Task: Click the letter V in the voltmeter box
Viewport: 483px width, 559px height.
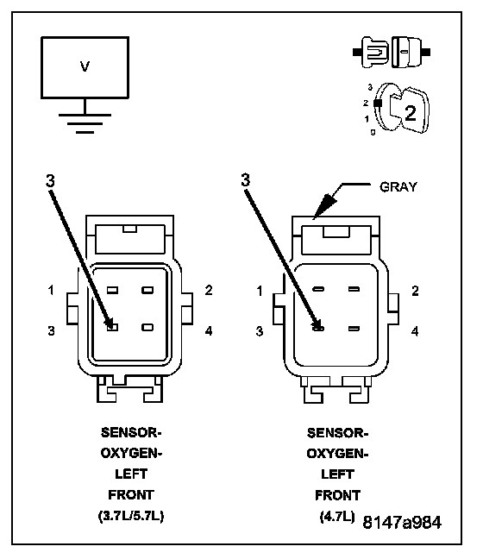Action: pyautogui.click(x=85, y=66)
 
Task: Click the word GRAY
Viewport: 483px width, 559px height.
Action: pyautogui.click(x=398, y=187)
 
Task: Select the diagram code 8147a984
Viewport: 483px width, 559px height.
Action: pyautogui.click(x=402, y=522)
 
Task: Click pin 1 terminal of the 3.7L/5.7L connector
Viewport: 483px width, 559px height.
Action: pyautogui.click(x=113, y=290)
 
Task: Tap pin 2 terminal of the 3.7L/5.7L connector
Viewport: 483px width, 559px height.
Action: pyautogui.click(x=147, y=290)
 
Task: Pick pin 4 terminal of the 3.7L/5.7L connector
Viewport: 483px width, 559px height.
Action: pyautogui.click(x=147, y=327)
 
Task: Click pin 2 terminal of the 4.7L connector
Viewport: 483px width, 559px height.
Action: pyautogui.click(x=354, y=289)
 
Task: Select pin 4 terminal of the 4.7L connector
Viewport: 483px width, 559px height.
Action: pyautogui.click(x=354, y=329)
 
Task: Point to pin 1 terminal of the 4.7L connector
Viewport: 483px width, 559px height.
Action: pyautogui.click(x=318, y=289)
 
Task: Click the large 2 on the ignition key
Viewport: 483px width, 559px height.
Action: pyautogui.click(x=411, y=113)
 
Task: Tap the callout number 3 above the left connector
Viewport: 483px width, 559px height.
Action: pyautogui.click(x=50, y=181)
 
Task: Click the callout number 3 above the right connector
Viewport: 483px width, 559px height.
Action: pyautogui.click(x=245, y=180)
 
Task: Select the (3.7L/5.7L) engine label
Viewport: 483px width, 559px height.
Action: pyautogui.click(x=131, y=516)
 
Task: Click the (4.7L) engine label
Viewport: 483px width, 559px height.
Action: pyautogui.click(x=337, y=516)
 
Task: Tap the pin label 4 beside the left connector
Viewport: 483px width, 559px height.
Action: pyautogui.click(x=209, y=331)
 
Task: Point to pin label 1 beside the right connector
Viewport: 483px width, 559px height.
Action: pyautogui.click(x=260, y=291)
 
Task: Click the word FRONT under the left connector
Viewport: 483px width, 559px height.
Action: pyautogui.click(x=131, y=495)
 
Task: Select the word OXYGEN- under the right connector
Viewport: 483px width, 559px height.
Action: pyautogui.click(x=337, y=454)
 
